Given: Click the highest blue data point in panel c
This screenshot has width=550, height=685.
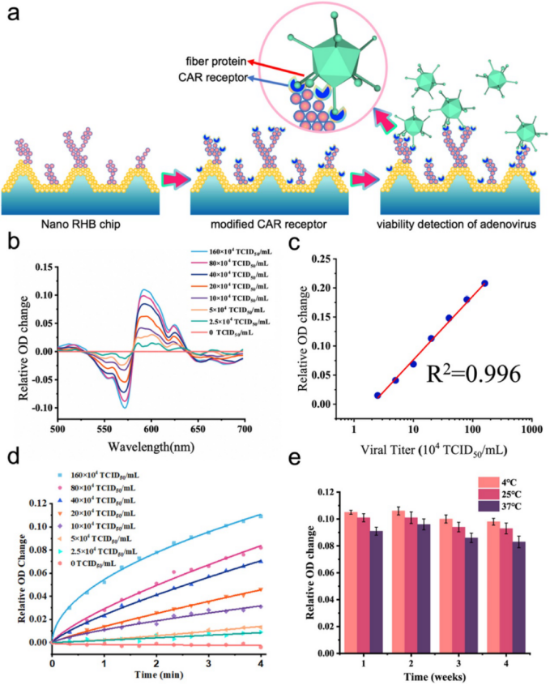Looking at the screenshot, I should (485, 283).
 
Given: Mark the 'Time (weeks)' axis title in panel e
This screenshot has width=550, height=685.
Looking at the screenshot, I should (433, 675).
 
